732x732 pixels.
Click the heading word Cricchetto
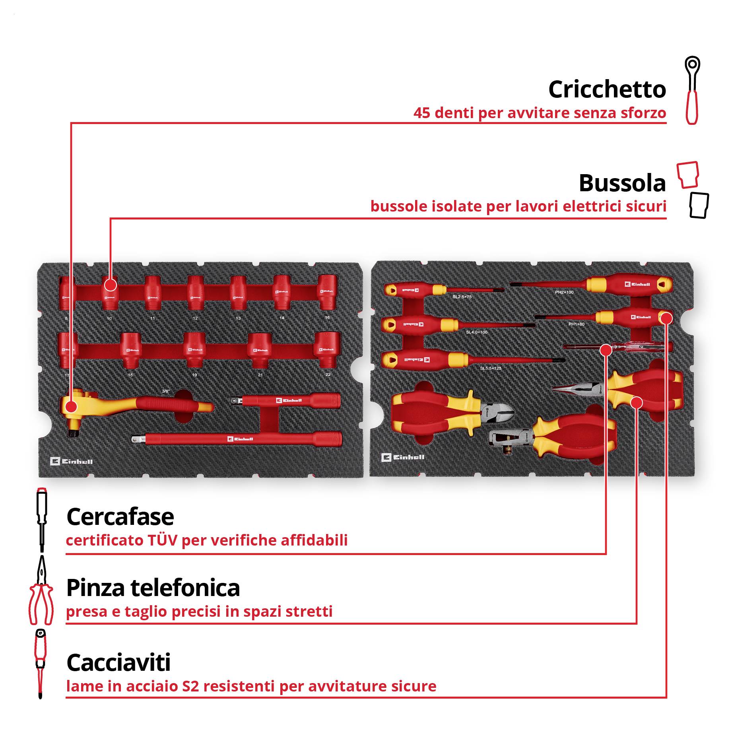tap(607, 89)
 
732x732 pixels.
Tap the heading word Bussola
tap(622, 183)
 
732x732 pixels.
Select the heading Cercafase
tap(120, 517)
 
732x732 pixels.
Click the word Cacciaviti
tap(118, 663)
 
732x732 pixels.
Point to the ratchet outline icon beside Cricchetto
tap(692, 90)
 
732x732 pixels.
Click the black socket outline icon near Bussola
tap(699, 205)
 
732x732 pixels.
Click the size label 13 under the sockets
tap(238, 318)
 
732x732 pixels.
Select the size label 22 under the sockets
tap(328, 375)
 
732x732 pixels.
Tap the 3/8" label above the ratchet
tap(166, 391)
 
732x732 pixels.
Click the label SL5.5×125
tap(491, 368)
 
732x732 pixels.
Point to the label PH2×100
tap(564, 292)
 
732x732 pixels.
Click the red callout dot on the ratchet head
tap(71, 406)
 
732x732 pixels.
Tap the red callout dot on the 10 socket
tap(111, 285)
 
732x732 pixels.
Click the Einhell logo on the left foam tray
tap(72, 461)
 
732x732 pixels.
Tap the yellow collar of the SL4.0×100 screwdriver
tap(449, 324)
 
